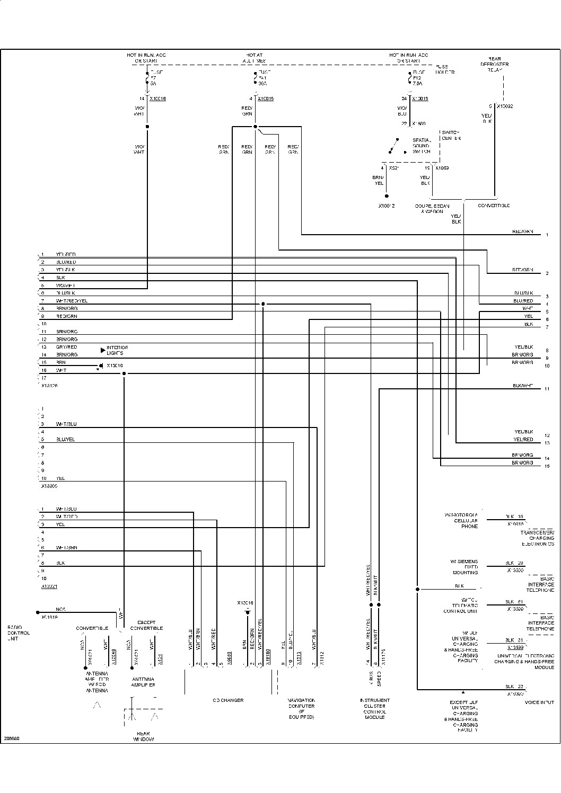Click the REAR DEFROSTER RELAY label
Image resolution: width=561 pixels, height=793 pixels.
tap(494, 64)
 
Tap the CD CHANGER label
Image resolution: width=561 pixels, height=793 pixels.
tap(228, 700)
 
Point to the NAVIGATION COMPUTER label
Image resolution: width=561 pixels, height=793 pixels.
tap(301, 708)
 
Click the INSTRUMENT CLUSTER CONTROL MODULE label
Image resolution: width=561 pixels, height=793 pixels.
tap(375, 708)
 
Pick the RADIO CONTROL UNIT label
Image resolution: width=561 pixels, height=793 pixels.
tap(19, 633)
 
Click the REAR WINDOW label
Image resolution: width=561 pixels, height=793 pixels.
tap(143, 736)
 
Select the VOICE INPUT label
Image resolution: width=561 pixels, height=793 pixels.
tap(539, 702)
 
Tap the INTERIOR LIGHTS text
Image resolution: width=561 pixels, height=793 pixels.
tap(117, 350)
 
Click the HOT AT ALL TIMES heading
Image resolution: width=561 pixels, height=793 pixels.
tap(254, 58)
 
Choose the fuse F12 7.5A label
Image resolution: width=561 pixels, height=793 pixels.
tap(418, 77)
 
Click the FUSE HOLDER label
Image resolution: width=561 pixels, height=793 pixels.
tap(445, 69)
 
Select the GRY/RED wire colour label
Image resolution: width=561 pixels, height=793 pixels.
tap(66, 347)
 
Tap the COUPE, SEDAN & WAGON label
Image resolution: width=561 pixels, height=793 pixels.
tap(432, 208)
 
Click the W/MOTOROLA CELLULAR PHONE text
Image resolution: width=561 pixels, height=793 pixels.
tap(461, 521)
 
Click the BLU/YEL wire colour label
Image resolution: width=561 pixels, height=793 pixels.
tap(65, 440)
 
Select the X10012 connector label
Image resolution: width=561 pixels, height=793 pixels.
tap(387, 206)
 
